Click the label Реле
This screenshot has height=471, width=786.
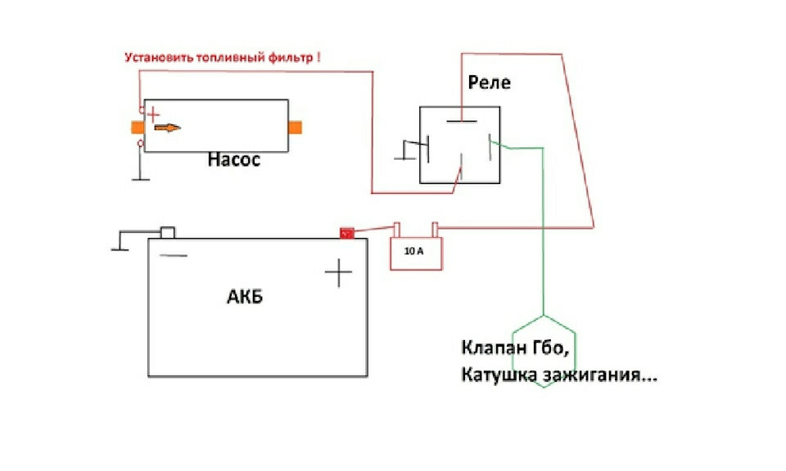[489, 83]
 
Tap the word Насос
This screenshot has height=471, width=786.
[233, 160]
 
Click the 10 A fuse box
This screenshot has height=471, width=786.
[415, 253]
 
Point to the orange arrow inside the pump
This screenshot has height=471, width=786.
[167, 128]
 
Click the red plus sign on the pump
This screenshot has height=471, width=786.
[152, 115]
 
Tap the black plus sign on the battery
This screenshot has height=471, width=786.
[337, 271]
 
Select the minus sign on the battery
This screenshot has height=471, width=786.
[174, 255]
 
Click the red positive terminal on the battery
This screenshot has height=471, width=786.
[347, 233]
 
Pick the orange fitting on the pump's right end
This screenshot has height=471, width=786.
[296, 127]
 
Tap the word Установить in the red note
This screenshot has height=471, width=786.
[156, 58]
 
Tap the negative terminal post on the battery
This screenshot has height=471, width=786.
[167, 232]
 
